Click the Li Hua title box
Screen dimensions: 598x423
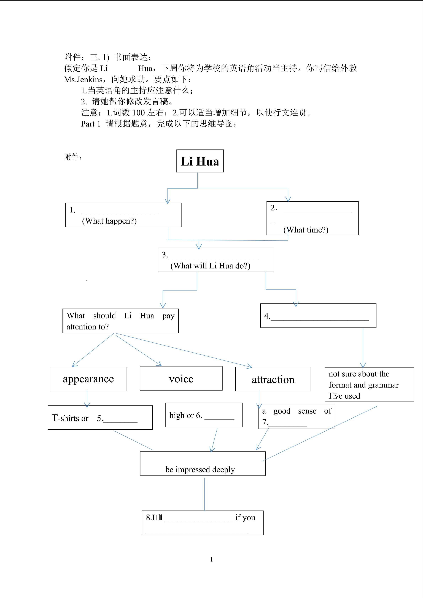[x=200, y=161]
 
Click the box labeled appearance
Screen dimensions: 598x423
[x=88, y=379]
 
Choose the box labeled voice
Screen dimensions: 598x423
[x=181, y=378]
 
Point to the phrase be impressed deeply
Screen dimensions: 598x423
[x=200, y=469]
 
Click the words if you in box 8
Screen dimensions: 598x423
[x=245, y=518]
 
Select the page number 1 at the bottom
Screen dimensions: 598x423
[x=211, y=559]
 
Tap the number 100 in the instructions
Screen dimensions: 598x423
[x=138, y=113]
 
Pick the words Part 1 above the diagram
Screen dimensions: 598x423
[x=91, y=124]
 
